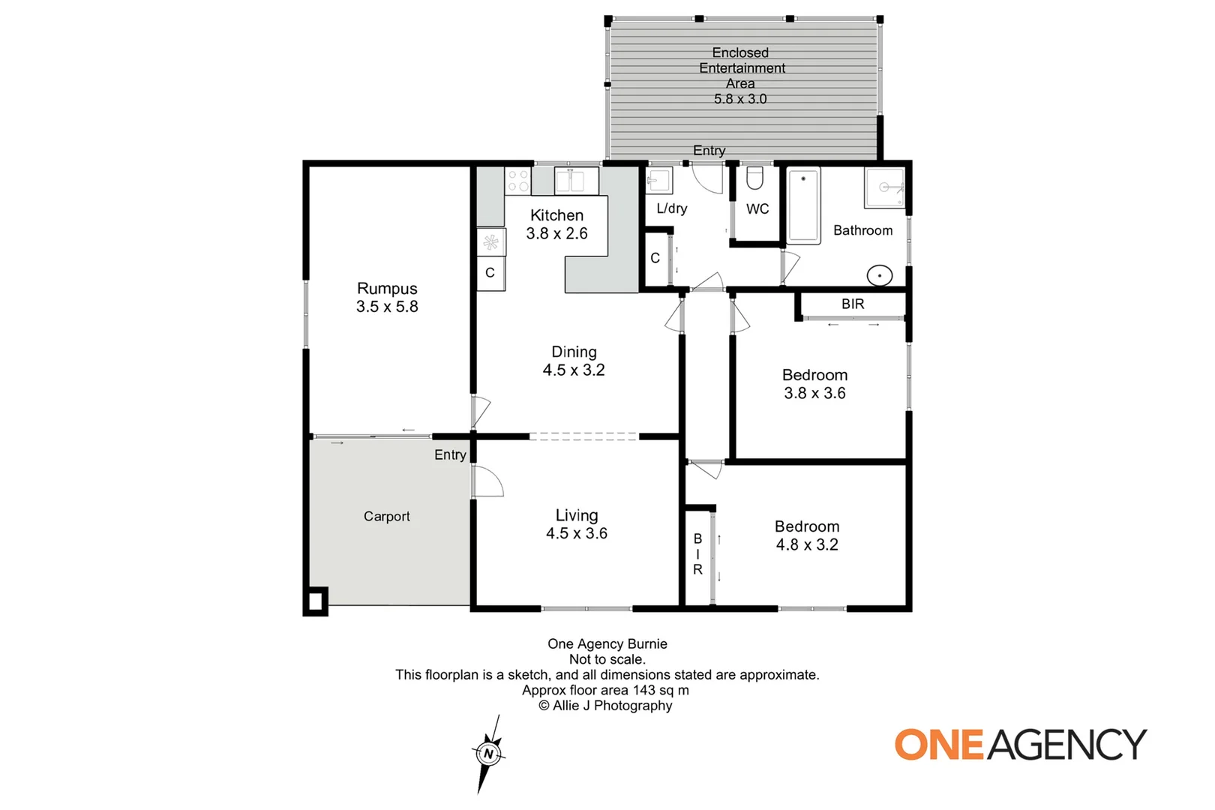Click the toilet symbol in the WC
[754, 178]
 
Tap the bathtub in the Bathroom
[803, 205]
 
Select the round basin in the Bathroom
[879, 275]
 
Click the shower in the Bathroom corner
[885, 187]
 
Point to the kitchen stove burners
[517, 181]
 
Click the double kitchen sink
[575, 181]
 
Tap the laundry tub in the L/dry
[658, 181]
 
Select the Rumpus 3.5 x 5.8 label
[387, 298]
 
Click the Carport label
[386, 516]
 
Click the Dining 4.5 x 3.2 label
[574, 361]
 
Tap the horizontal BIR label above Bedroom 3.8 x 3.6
[853, 304]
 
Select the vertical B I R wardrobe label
[697, 554]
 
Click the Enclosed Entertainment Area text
[740, 68]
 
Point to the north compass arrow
[488, 753]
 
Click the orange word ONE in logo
[938, 745]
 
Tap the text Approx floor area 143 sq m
[605, 690]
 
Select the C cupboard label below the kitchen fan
[490, 273]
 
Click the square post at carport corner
[315, 601]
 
